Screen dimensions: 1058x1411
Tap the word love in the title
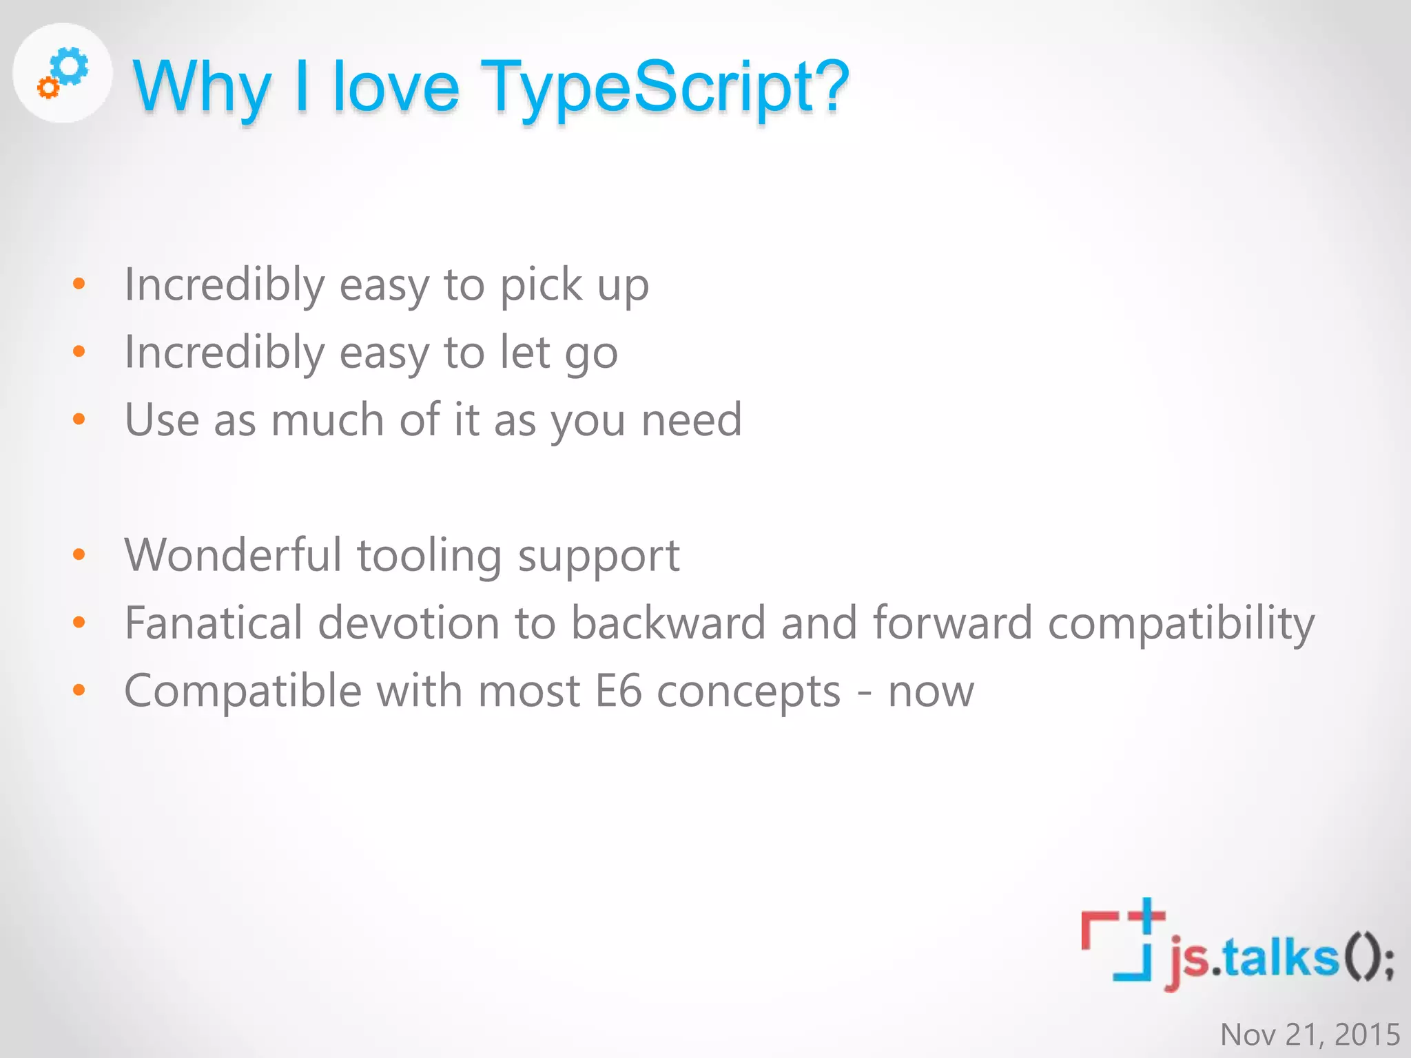395,88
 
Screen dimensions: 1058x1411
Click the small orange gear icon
48,87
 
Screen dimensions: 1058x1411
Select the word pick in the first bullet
541,285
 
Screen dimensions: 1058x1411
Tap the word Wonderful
233,555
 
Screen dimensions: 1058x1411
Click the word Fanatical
214,623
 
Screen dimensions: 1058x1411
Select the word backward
668,623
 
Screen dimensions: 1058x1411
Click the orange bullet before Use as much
79,419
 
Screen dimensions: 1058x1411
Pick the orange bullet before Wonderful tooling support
79,554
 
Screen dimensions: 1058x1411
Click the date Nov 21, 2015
1310,1035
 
